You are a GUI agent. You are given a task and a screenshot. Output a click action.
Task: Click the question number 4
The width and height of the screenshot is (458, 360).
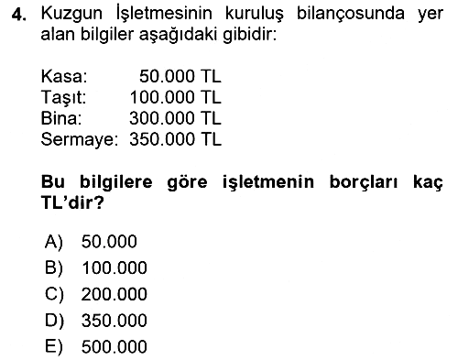point(19,15)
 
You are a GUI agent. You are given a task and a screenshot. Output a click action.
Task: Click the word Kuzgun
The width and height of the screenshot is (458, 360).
point(71,15)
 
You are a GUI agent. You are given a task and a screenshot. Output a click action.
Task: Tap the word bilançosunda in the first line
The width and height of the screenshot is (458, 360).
point(351,15)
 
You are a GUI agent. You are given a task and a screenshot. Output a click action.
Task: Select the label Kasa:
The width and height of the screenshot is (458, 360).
point(64,76)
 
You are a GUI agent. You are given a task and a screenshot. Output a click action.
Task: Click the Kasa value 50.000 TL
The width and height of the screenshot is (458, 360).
point(180,76)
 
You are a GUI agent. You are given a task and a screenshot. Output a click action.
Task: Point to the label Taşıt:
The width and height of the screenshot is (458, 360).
point(63,98)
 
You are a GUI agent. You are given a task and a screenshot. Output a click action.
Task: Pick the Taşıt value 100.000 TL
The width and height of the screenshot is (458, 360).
point(175,97)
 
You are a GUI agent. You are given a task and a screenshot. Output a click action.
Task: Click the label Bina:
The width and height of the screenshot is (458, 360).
point(61,118)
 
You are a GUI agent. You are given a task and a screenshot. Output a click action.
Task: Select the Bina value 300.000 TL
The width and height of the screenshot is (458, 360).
point(175,118)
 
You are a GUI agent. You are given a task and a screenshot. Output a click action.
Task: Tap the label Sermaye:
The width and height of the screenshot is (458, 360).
point(80,140)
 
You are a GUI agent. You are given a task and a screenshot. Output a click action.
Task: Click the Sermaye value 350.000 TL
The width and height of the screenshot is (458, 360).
point(175,139)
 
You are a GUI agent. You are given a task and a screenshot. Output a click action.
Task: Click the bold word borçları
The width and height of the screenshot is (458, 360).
point(364,182)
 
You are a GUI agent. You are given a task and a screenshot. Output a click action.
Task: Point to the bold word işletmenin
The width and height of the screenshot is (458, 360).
point(268,182)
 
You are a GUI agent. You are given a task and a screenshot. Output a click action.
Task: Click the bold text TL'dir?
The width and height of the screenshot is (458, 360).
point(72,202)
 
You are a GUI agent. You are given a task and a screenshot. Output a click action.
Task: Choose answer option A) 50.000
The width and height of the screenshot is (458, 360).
point(91,242)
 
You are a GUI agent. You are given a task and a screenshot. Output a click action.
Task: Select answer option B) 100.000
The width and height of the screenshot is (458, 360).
point(96,267)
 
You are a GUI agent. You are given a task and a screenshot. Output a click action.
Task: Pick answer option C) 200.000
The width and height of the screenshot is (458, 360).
point(96,294)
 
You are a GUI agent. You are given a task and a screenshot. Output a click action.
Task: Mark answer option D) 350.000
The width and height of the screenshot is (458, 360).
point(96,321)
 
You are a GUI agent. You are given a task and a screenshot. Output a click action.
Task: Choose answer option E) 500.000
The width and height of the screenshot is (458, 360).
point(96,347)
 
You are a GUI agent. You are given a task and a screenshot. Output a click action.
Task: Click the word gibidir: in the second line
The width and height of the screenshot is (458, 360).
point(249,35)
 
